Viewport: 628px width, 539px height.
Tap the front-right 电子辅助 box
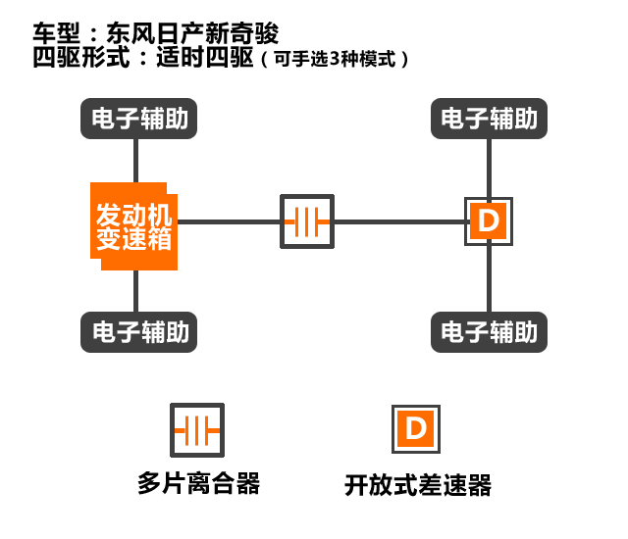(x=489, y=120)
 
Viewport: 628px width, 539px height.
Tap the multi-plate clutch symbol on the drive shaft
(x=307, y=221)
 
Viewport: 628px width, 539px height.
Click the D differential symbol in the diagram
(x=488, y=221)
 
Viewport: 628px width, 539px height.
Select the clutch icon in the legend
(x=196, y=429)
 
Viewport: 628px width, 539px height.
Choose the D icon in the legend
(x=416, y=428)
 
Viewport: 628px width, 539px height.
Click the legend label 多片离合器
(x=199, y=484)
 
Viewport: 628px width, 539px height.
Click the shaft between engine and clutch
(x=228, y=221)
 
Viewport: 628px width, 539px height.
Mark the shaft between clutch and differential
(x=398, y=221)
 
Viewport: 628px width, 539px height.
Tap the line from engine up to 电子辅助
(x=135, y=160)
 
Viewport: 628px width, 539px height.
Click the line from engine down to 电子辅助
(x=135, y=289)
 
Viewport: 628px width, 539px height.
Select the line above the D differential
(x=489, y=167)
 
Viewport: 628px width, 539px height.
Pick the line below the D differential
(x=489, y=279)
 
